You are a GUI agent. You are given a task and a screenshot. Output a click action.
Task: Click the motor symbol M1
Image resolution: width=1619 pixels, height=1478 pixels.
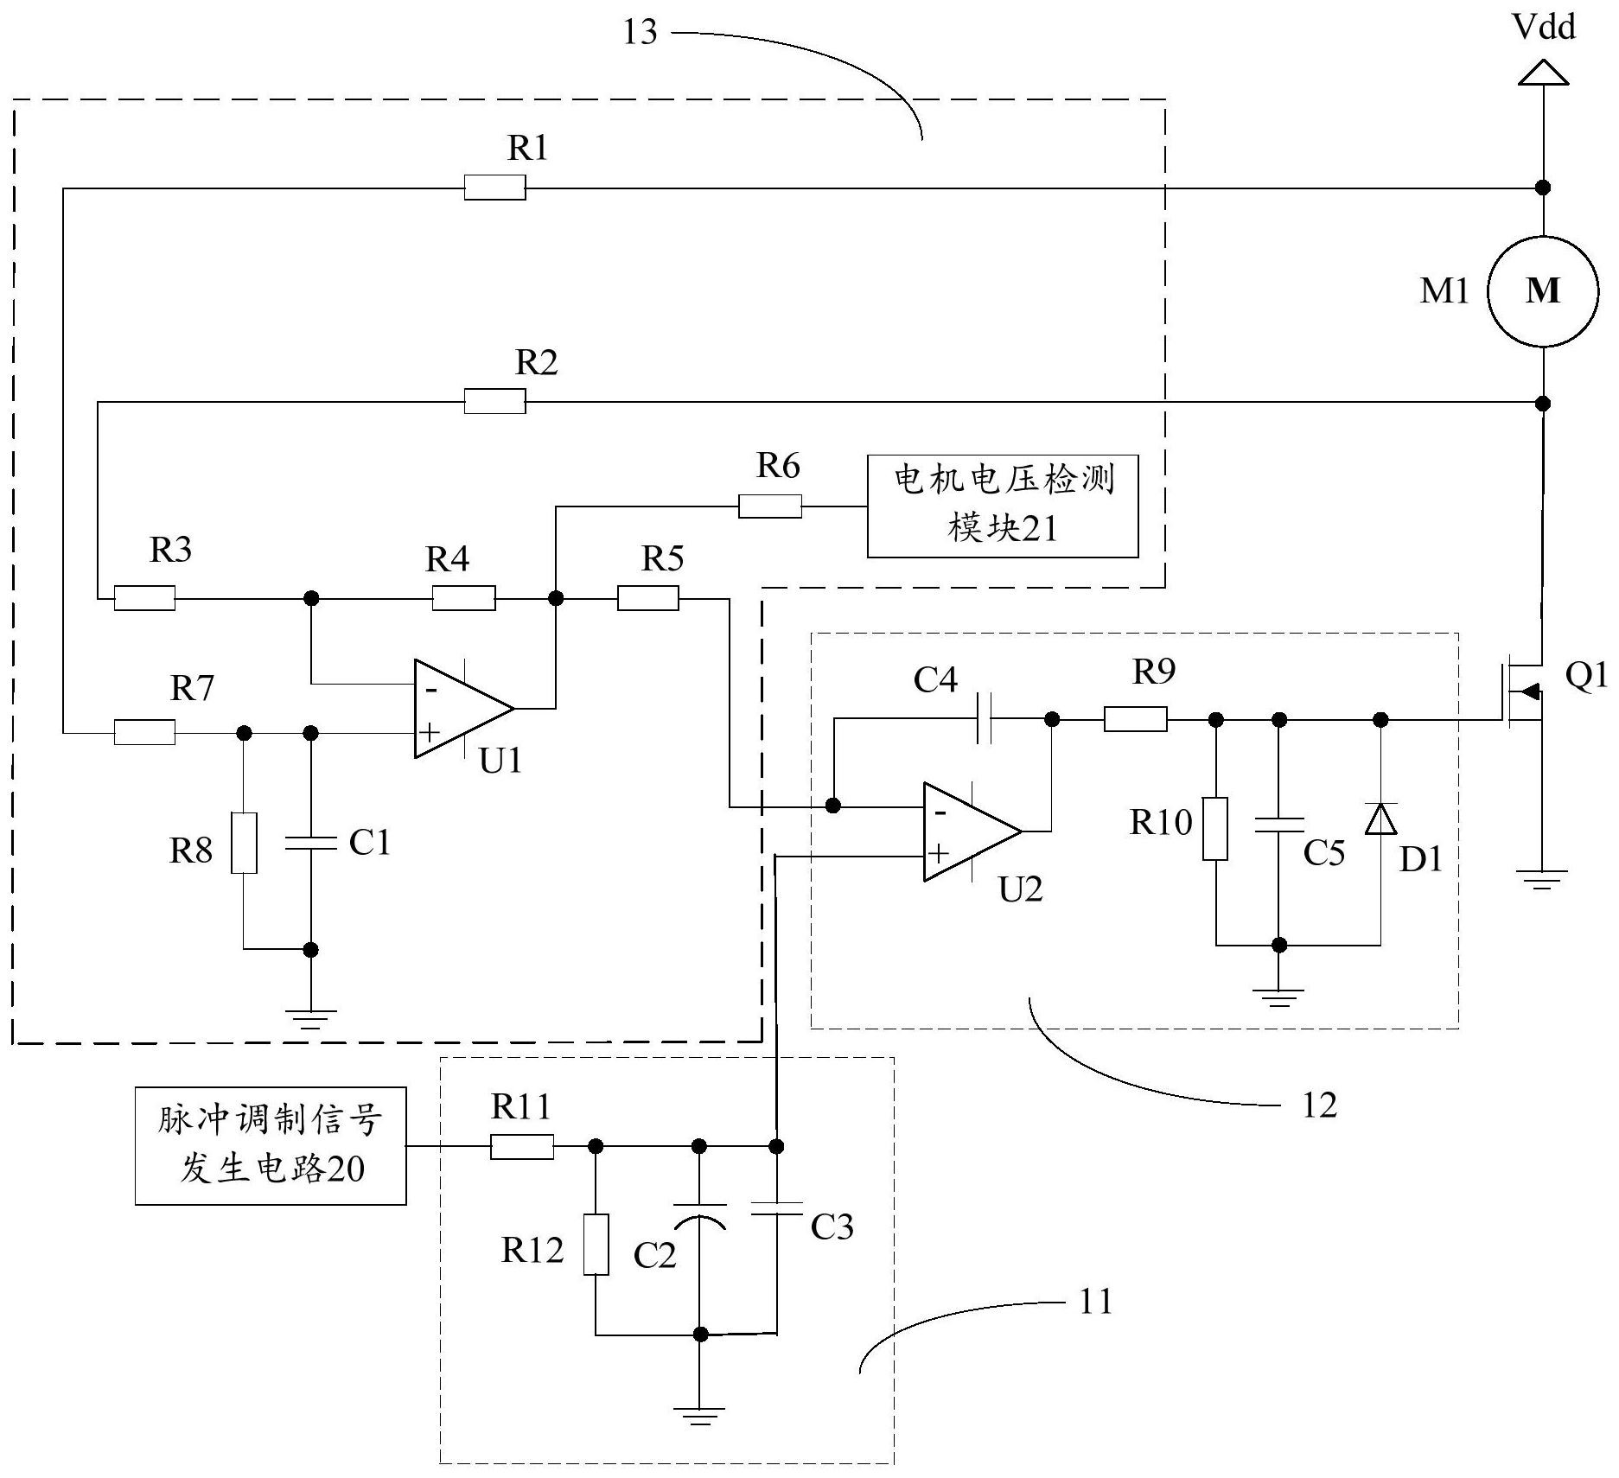(1542, 291)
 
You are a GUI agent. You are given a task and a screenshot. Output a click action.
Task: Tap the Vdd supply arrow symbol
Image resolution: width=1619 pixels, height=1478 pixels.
(1543, 73)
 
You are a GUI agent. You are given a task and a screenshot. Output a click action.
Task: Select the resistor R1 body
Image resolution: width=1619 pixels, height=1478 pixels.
(494, 187)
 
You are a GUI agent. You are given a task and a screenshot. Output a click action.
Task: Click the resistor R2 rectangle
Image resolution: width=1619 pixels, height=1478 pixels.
(494, 401)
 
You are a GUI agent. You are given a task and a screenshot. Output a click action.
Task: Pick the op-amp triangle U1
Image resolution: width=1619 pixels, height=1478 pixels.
(458, 709)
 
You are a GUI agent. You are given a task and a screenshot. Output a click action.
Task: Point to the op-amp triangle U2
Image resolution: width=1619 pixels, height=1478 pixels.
(968, 831)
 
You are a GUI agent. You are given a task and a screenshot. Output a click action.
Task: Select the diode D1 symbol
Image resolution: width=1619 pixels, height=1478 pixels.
(1380, 818)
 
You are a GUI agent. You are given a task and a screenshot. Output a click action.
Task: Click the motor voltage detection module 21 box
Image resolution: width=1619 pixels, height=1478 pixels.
(1002, 506)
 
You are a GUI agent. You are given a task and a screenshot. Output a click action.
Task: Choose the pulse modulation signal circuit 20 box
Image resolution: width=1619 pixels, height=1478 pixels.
(270, 1145)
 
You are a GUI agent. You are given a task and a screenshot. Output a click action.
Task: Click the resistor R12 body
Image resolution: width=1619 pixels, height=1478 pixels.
(596, 1244)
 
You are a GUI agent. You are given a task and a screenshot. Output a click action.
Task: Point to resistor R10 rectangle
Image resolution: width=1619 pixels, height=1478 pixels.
(1215, 828)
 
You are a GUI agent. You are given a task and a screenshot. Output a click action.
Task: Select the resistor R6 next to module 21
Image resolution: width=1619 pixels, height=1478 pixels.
(769, 506)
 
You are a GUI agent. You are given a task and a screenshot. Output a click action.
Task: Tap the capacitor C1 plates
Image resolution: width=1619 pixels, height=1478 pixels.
(310, 842)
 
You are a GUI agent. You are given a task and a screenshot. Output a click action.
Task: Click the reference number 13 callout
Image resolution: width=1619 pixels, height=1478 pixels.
(641, 33)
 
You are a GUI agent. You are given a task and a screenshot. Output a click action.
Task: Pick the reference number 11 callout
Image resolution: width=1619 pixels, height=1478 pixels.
(1095, 1301)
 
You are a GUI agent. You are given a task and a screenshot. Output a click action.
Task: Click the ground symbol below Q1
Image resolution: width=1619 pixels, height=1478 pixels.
(1542, 880)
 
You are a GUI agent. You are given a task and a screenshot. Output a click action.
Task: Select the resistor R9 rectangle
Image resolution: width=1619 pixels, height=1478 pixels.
(1135, 718)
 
